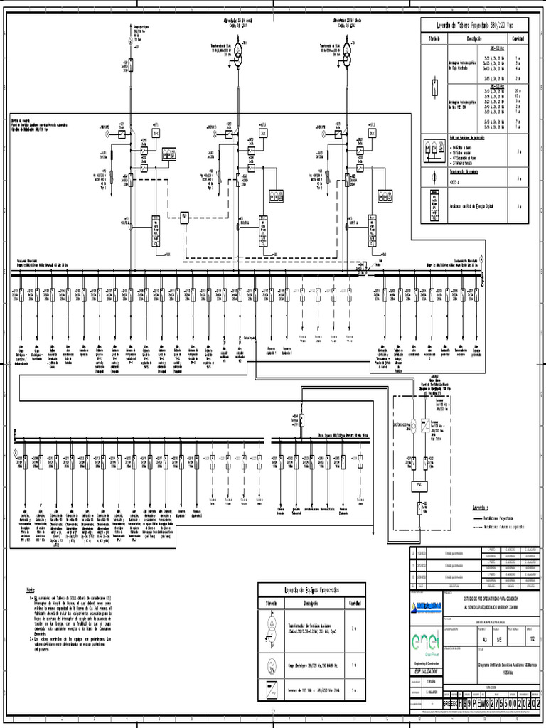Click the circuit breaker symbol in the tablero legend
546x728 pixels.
coord(434,87)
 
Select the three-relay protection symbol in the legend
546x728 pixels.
coord(434,148)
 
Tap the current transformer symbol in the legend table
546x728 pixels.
coord(434,177)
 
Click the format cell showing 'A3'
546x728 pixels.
coord(483,638)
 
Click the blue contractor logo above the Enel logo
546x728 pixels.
coord(426,605)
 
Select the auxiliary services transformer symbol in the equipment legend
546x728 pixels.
coord(272,628)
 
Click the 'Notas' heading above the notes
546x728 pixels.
coord(31,590)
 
